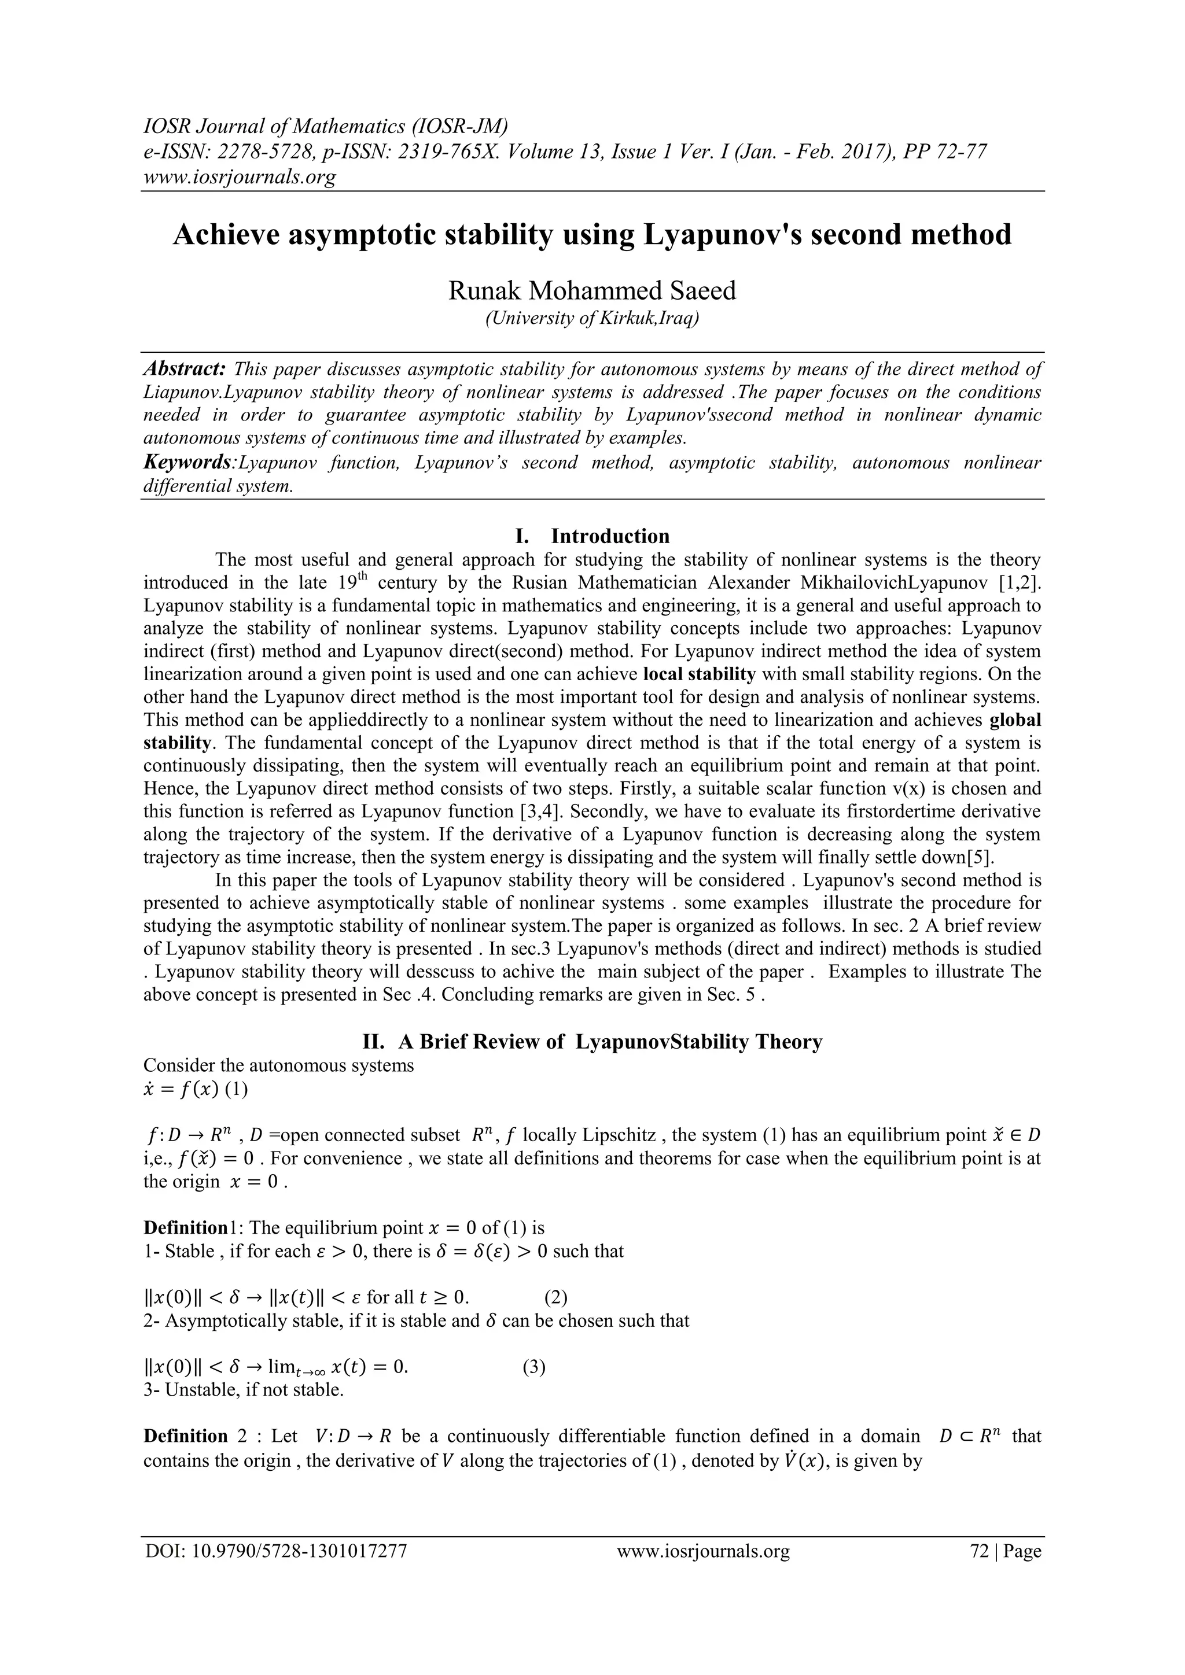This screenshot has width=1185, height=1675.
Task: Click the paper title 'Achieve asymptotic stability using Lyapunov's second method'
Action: (592, 235)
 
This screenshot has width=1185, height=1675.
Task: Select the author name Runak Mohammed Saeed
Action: (592, 290)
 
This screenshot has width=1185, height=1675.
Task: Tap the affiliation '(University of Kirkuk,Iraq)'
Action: (592, 319)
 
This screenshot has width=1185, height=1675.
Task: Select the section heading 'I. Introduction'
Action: (592, 536)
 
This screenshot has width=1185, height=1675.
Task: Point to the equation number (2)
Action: (556, 1297)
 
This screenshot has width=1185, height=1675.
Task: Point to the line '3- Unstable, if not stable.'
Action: (244, 1390)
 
